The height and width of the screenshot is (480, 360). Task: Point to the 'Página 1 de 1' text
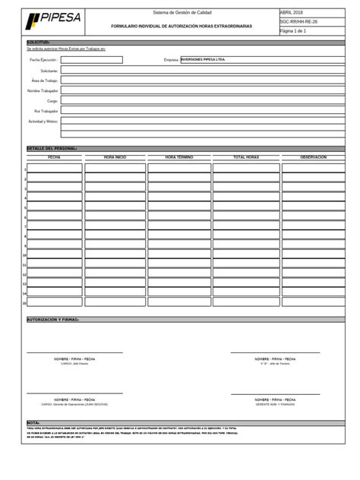coord(294,31)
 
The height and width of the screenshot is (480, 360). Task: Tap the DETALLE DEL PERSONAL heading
coord(52,148)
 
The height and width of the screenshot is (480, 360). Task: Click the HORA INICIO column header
coord(115,156)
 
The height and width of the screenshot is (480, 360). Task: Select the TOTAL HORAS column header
coord(246,156)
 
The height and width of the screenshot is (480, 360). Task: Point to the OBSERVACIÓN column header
coord(313,156)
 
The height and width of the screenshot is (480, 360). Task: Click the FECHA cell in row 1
coord(54,169)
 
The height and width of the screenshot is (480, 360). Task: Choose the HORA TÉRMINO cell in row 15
coord(179,302)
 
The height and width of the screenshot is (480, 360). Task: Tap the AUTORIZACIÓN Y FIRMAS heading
coord(53,320)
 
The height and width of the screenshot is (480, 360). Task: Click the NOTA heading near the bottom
coord(33,422)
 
